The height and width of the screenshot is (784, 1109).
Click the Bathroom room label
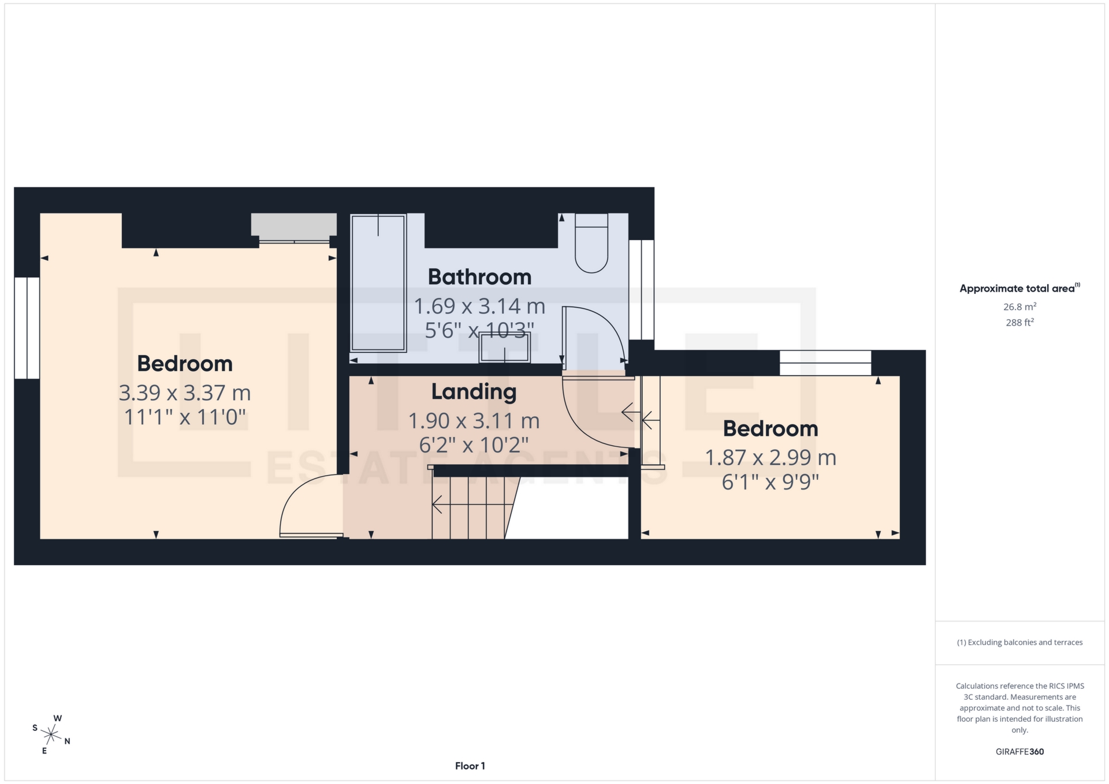pos(479,277)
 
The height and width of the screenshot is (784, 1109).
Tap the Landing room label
pos(474,392)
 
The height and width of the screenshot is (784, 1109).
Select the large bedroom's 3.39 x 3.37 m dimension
pos(185,393)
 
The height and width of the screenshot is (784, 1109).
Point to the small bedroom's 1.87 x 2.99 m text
pos(771,458)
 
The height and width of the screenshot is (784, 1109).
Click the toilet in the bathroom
pos(591,244)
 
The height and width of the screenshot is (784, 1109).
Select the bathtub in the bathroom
pos(378,283)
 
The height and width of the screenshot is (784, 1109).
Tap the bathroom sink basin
pos(504,348)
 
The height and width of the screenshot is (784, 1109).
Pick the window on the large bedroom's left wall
pos(27,328)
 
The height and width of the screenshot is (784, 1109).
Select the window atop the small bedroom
pos(825,363)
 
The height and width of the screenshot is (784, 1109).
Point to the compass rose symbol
pos(51,734)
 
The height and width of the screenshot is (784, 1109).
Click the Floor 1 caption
pos(470,766)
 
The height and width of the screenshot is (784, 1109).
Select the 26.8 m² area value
pos(1019,307)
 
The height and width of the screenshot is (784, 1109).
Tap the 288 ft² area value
pos(1019,323)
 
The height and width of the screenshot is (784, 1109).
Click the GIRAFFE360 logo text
pos(1019,752)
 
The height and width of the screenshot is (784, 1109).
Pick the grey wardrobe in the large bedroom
pos(293,225)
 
